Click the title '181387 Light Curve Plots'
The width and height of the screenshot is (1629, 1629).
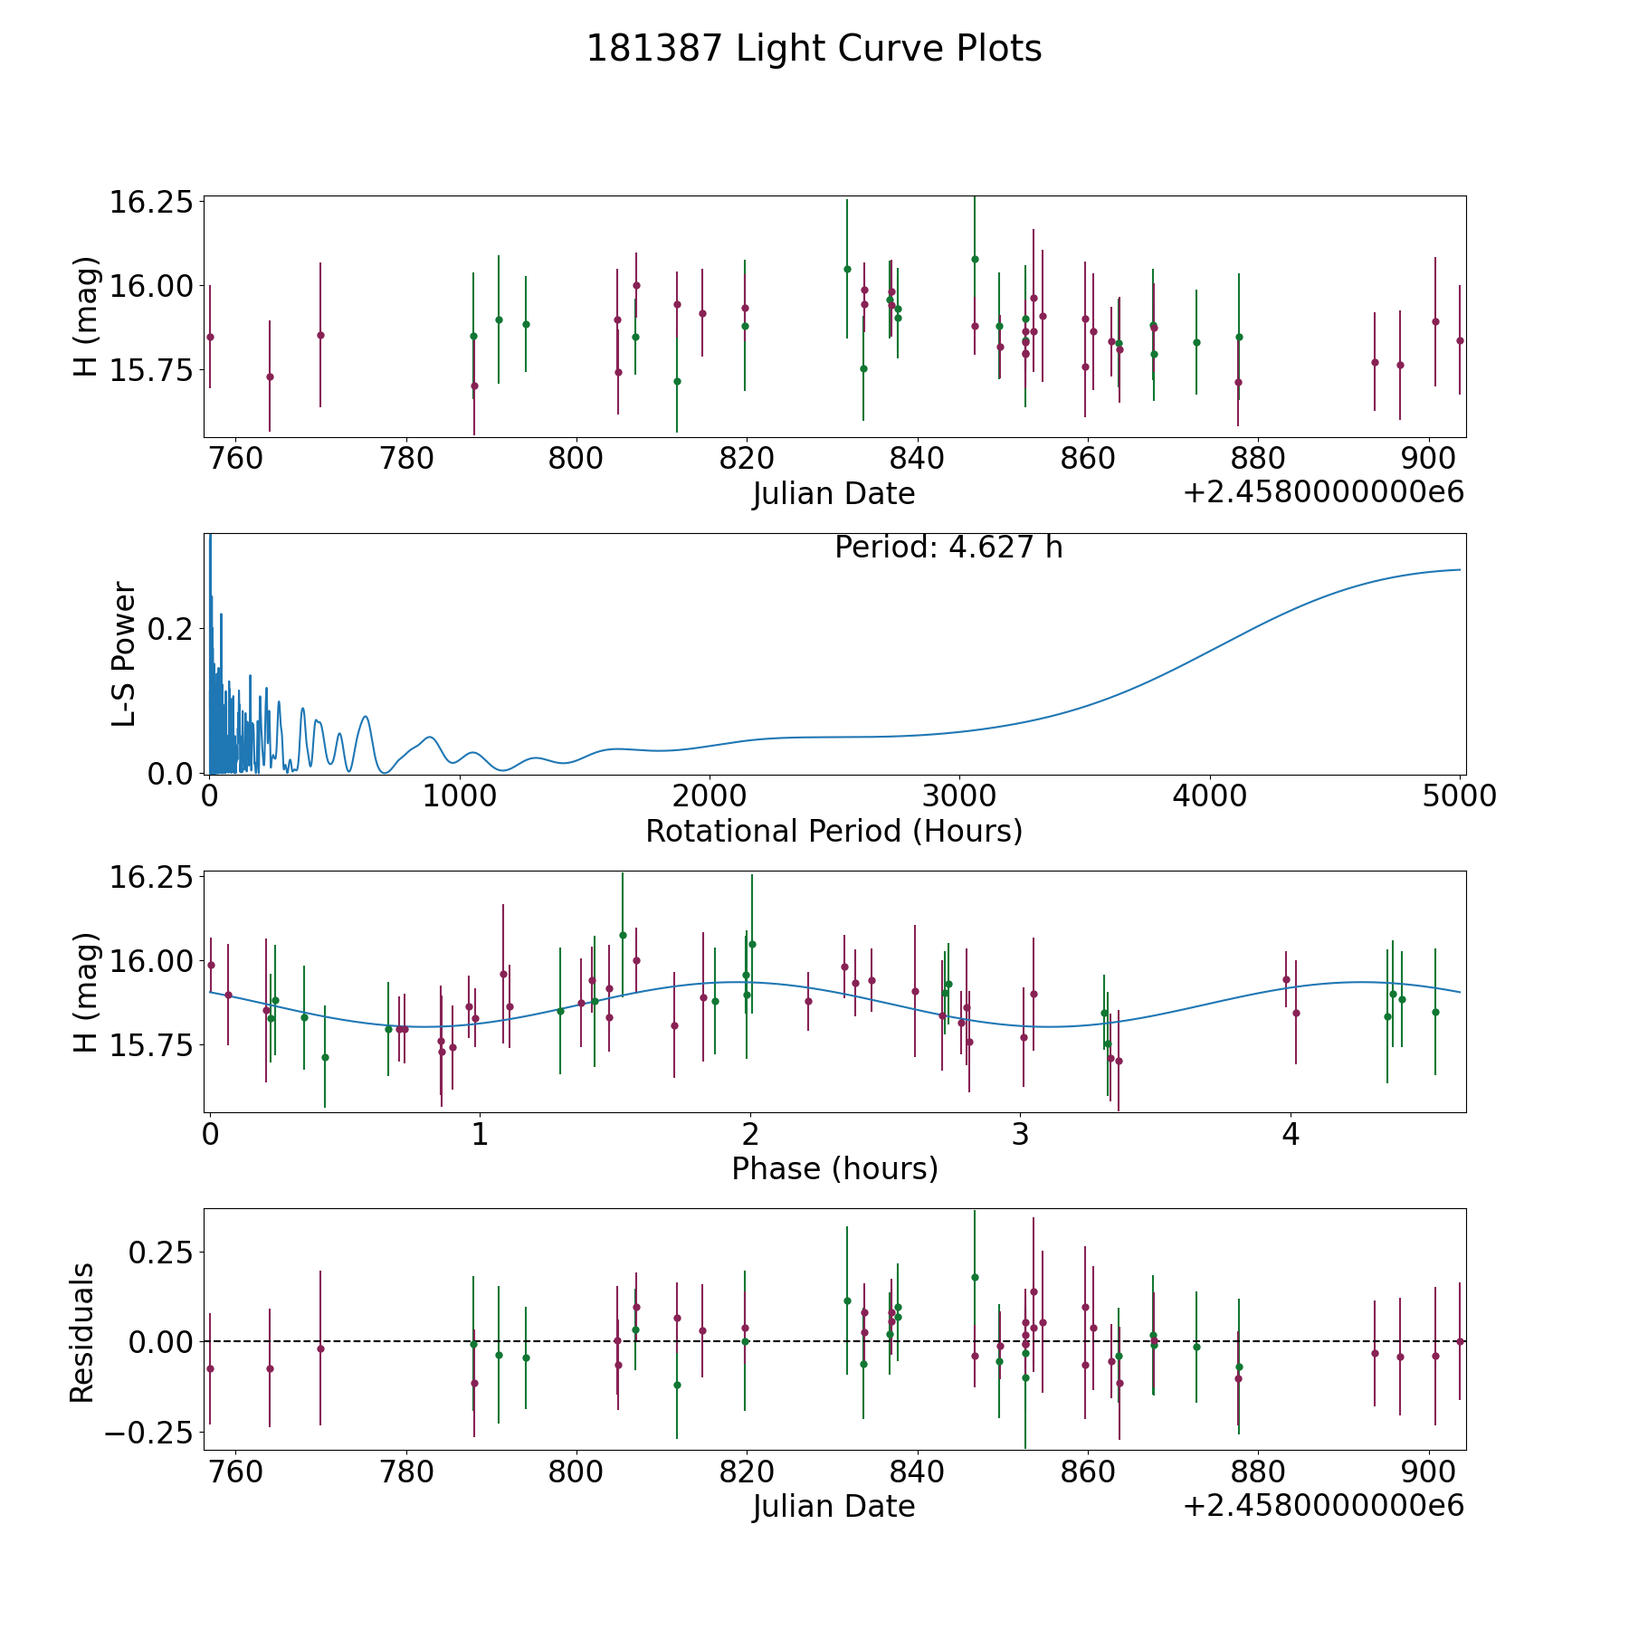pos(814,49)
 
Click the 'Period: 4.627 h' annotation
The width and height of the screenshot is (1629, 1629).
pos(948,548)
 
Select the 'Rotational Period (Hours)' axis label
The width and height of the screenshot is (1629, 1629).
pos(834,831)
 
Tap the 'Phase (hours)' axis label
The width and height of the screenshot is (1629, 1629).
pos(834,1168)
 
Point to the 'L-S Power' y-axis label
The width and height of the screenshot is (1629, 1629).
pos(124,653)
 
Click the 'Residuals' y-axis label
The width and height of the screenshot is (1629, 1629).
pos(82,1333)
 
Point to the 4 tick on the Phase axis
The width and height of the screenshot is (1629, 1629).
pos(1291,1134)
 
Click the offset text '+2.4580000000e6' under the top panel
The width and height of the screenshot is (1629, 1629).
pos(1323,493)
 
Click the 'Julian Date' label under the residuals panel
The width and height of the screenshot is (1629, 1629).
pos(834,1507)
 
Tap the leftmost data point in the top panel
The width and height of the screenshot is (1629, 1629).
pos(210,337)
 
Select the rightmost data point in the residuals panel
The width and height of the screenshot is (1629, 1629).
pos(1460,1341)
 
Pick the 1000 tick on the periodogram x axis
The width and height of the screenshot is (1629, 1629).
pos(459,796)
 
